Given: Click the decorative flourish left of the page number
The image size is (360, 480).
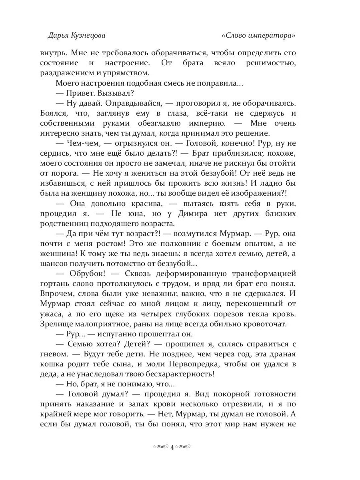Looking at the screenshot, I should tap(161, 447).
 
